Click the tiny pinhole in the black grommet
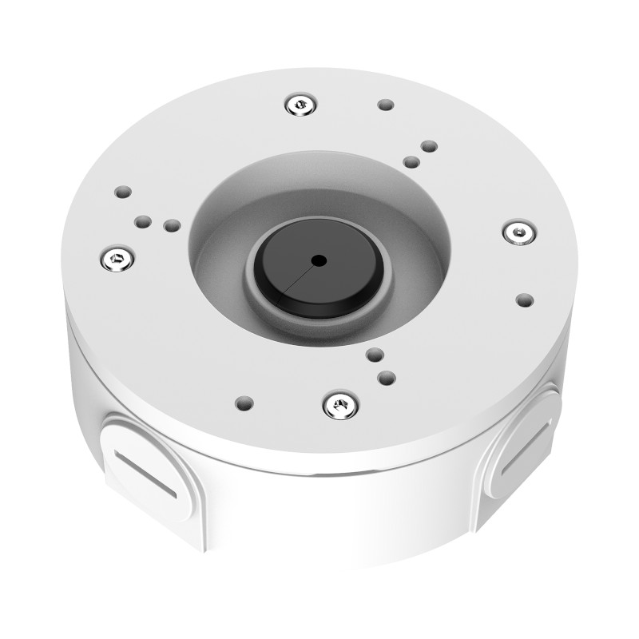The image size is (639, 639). coord(319,260)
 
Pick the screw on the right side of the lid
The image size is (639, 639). coord(518,232)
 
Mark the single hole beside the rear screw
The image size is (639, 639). coord(385,105)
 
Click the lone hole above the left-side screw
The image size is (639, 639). coord(122,192)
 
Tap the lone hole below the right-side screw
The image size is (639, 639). coord(524,300)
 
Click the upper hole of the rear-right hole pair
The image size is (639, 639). coord(428,147)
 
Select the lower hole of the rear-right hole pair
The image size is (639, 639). coord(411,162)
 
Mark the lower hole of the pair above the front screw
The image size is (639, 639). coord(387,376)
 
